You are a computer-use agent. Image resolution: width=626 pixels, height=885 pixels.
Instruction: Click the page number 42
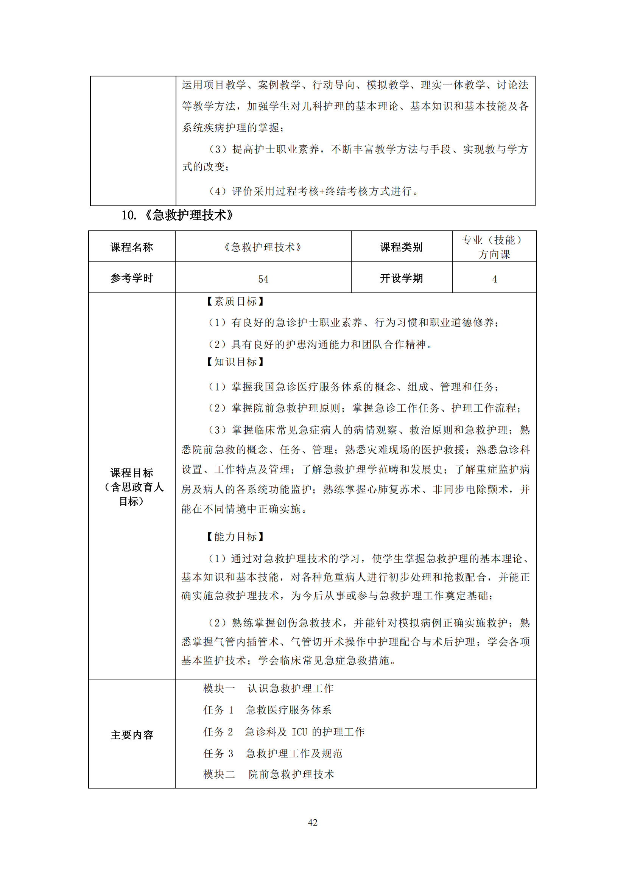(x=313, y=822)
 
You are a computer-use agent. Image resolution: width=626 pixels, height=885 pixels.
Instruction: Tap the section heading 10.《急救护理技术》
(x=177, y=215)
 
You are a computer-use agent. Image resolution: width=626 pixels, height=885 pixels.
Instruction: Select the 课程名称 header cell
(x=132, y=247)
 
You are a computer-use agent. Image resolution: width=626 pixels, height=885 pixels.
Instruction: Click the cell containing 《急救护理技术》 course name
(x=263, y=247)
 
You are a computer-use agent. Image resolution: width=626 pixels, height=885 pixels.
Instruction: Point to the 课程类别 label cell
(x=401, y=247)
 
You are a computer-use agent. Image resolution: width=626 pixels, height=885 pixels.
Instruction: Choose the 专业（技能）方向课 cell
(x=494, y=247)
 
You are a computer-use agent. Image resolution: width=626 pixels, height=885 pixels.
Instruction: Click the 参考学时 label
(x=132, y=278)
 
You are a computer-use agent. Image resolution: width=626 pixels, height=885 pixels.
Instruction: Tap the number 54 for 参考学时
(x=263, y=279)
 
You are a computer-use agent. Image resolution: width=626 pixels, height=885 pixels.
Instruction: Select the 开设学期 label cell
(x=401, y=278)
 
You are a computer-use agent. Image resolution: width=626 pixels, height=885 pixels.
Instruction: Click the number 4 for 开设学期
(x=494, y=279)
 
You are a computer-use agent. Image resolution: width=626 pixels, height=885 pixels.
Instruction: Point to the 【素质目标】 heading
(x=235, y=302)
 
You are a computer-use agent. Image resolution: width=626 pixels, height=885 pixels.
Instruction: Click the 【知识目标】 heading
(x=235, y=362)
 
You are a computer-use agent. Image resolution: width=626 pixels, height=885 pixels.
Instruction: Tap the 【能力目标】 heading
(x=235, y=537)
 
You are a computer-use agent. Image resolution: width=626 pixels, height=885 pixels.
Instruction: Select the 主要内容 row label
(x=132, y=735)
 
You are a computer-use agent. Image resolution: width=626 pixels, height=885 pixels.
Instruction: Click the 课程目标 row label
(x=132, y=487)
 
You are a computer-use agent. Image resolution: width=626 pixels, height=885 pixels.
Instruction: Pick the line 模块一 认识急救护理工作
(x=268, y=688)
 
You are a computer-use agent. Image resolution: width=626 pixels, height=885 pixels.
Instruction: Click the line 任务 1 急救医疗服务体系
(x=267, y=710)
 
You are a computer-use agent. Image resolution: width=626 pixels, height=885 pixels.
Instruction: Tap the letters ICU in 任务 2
(x=299, y=732)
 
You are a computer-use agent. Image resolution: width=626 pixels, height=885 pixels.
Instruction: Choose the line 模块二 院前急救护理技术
(x=269, y=775)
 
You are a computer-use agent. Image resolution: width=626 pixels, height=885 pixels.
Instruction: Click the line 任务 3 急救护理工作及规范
(x=273, y=754)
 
